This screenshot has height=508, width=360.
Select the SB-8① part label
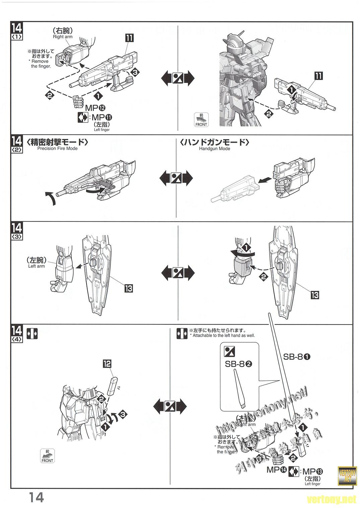pyautogui.click(x=297, y=357)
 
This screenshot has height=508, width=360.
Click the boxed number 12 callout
pyautogui.click(x=107, y=363)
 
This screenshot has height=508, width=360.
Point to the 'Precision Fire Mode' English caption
pyautogui.click(x=57, y=149)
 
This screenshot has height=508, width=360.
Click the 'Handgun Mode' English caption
pyautogui.click(x=214, y=149)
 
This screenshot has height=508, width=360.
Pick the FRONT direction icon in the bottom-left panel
pyautogui.click(x=47, y=455)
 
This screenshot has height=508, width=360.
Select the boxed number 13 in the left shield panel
pyautogui.click(x=128, y=288)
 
